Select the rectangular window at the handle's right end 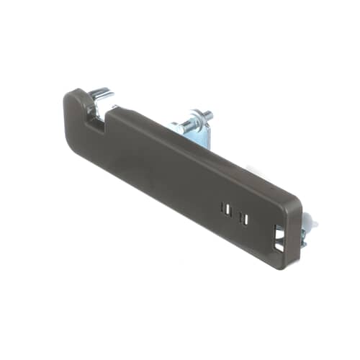click(x=279, y=238)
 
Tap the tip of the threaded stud click(x=208, y=114)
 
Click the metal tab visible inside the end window click(x=282, y=237)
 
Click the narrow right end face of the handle click(x=292, y=234)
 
